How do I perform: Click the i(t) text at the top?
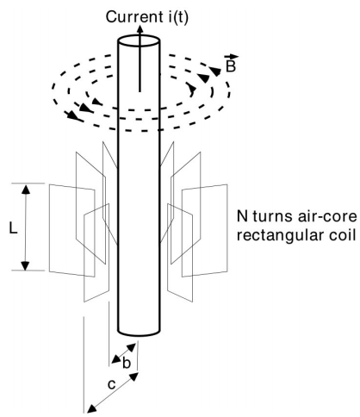tap(177, 18)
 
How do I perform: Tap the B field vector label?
tap(231, 66)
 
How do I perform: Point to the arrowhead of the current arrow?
tap(140, 28)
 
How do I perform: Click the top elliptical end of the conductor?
tap(139, 40)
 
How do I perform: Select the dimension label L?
tap(14, 228)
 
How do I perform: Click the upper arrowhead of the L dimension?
tap(26, 190)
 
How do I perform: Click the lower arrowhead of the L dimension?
tap(26, 265)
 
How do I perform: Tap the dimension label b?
tap(127, 363)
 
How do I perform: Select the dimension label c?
tap(111, 384)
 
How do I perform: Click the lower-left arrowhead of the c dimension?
tap(91, 408)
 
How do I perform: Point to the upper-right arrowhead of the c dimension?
tap(134, 377)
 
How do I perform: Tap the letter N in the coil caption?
tap(242, 216)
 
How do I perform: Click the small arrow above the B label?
tap(232, 57)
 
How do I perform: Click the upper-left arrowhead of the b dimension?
tap(116, 359)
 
